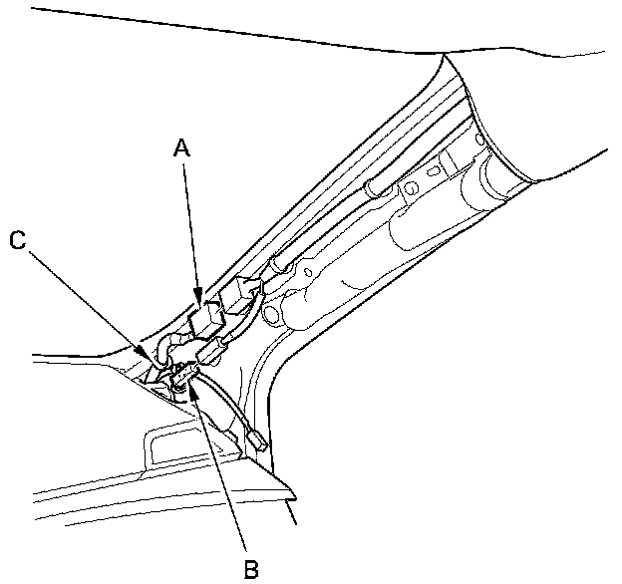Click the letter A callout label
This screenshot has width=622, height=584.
[180, 148]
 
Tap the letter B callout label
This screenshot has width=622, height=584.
[251, 568]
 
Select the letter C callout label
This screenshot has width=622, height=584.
[17, 239]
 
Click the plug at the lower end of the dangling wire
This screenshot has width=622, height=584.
[257, 438]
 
